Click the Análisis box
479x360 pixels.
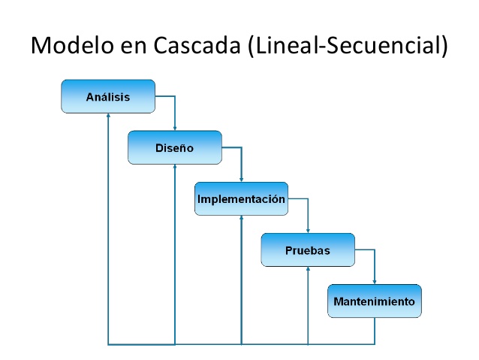click(x=108, y=96)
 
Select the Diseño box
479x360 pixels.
click(x=175, y=147)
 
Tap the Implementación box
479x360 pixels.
click(x=241, y=199)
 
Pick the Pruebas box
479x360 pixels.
click(x=308, y=250)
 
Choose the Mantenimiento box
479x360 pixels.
click(x=374, y=301)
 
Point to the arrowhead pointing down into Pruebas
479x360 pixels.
click(x=308, y=231)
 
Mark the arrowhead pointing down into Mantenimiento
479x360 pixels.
click(x=374, y=282)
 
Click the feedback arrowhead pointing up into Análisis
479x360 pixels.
click(x=108, y=116)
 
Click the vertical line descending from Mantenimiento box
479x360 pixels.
click(x=374, y=331)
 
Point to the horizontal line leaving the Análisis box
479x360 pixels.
click(x=165, y=96)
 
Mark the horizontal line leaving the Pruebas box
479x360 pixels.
click(x=364, y=250)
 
